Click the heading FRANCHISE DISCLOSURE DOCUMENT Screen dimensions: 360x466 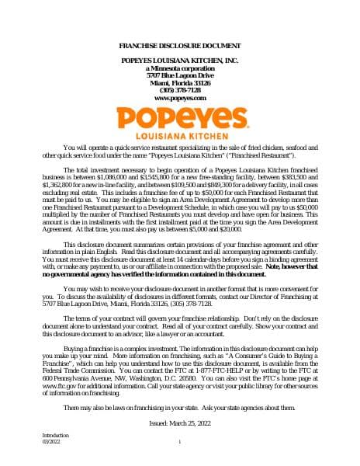[179, 47]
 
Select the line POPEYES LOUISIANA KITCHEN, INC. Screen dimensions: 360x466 [179, 61]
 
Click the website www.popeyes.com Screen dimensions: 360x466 [179, 99]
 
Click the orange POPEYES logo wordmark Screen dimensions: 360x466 [179, 117]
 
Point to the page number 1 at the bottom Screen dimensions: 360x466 [179, 442]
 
